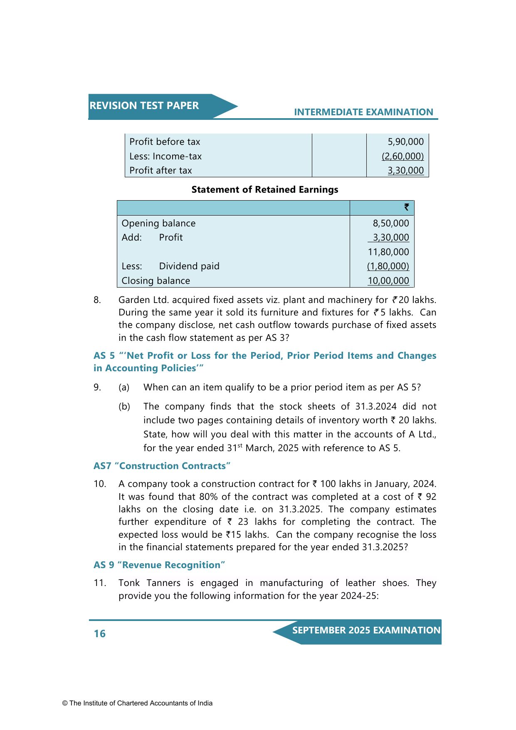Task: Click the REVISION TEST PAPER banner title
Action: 144,106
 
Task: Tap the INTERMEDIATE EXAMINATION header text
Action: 363,112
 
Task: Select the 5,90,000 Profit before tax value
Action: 405,142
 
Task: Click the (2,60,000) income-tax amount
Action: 402,156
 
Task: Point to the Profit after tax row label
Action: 160,171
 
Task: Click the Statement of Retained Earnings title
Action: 264,190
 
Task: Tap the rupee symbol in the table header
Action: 406,207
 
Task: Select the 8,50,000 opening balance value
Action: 390,223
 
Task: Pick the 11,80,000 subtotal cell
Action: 388,252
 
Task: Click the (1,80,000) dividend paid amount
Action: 388,266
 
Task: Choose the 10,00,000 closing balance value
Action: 388,281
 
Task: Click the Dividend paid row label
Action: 189,266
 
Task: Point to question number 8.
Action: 97,300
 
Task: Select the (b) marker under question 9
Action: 124,407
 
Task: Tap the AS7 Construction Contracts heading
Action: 162,466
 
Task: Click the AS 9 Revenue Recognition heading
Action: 159,565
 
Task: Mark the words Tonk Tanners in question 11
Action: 149,583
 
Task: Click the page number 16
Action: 100,634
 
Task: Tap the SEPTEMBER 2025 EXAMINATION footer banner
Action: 366,631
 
